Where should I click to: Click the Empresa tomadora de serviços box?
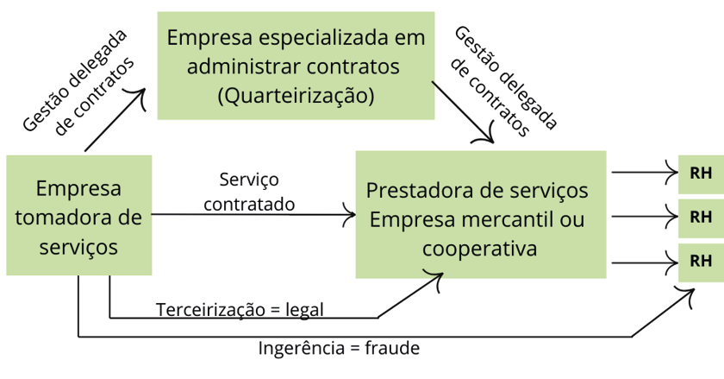[x=78, y=216]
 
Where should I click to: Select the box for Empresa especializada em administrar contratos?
[x=295, y=66]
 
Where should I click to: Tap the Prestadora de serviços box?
[x=482, y=214]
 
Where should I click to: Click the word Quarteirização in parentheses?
[x=296, y=95]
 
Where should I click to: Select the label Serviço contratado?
[x=249, y=192]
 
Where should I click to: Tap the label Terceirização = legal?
[x=240, y=308]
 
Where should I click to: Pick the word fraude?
[x=392, y=349]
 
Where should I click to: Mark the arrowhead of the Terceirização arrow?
[x=438, y=277]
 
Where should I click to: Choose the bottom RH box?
[x=701, y=262]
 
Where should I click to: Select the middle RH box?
[x=701, y=217]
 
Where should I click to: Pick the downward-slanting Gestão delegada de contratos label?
[x=504, y=82]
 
